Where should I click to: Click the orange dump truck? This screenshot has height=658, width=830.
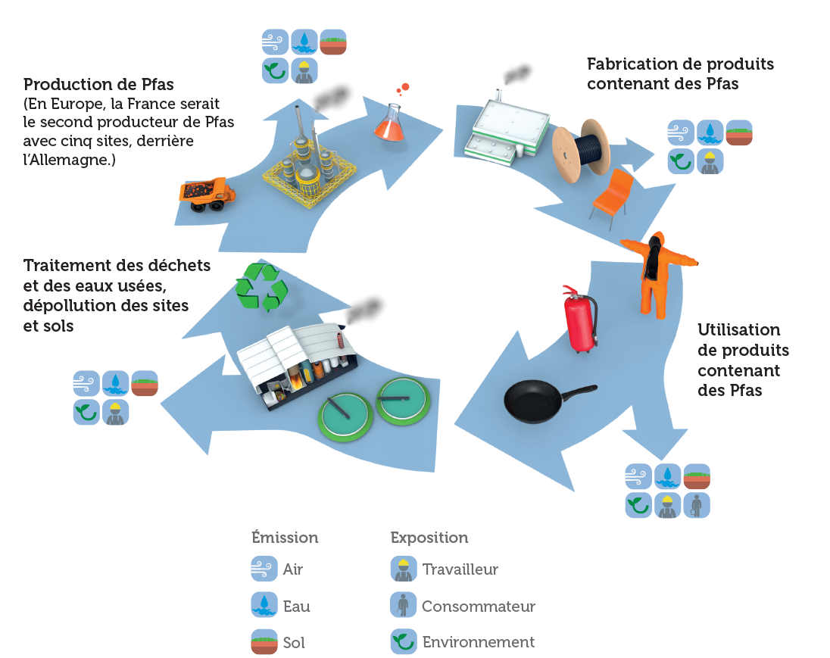[206, 194]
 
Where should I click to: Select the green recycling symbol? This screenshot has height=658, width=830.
[262, 287]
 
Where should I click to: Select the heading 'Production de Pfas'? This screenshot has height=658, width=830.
[98, 84]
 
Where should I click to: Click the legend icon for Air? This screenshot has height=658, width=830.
[264, 569]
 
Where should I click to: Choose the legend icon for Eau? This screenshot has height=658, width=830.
[264, 605]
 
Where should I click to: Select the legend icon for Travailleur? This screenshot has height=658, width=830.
[403, 569]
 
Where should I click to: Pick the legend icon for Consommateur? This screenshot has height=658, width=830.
[403, 605]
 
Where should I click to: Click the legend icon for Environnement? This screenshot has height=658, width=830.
[403, 641]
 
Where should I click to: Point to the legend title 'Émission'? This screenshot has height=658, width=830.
[285, 538]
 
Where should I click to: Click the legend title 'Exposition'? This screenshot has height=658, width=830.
[429, 538]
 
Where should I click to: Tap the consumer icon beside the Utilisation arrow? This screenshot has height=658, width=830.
[697, 505]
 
